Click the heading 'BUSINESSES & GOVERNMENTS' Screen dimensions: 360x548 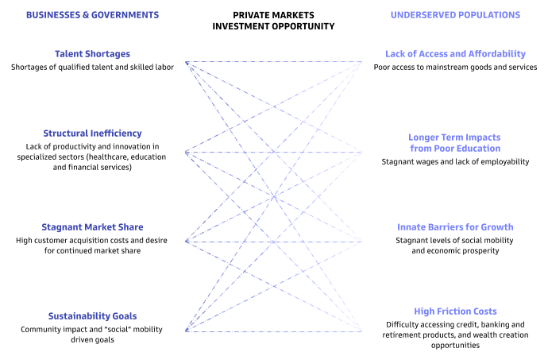pos(92,15)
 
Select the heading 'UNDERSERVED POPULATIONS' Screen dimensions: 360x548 pos(455,15)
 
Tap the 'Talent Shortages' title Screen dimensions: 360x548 pos(92,54)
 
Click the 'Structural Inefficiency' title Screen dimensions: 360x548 pos(92,134)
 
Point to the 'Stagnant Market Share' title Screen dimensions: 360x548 pos(92,227)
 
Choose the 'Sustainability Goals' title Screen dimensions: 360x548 pos(92,315)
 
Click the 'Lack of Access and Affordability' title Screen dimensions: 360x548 pos(455,54)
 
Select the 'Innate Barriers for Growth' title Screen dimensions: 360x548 pos(455,227)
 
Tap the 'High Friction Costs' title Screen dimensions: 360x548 pos(455,312)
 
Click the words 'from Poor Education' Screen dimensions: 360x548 pos(455,149)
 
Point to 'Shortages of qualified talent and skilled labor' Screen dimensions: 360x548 pos(92,68)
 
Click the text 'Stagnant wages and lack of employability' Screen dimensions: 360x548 pos(455,162)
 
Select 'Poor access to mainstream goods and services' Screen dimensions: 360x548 pos(455,68)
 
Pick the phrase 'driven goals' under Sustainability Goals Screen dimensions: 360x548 pos(92,340)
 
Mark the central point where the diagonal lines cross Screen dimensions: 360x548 pos(274,196)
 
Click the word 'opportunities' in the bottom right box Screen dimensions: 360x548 pos(455,346)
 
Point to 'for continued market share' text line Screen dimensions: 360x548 pos(92,251)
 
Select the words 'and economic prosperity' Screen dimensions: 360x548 pos(455,251)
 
